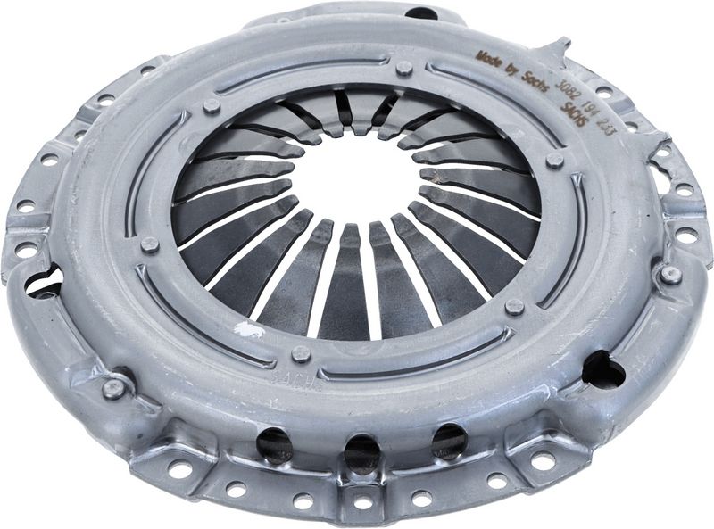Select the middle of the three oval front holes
[361, 451]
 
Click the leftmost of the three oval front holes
[274, 442]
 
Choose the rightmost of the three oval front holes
[448, 440]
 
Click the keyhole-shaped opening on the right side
[603, 369]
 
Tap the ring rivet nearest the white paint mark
[302, 354]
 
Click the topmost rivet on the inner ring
[403, 68]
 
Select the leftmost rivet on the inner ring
[150, 245]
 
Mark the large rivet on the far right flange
[670, 275]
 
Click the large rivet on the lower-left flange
[113, 388]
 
